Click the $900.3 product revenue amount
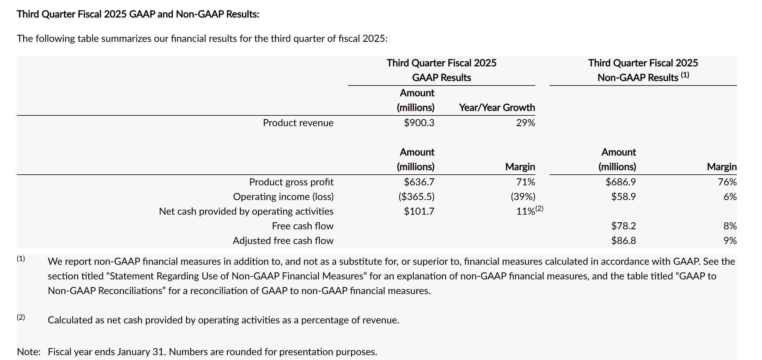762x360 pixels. pos(419,123)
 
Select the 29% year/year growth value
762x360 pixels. pos(525,123)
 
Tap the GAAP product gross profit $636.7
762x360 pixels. pos(419,182)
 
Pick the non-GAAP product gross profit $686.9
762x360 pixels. pos(621,182)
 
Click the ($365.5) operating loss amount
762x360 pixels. pos(417,197)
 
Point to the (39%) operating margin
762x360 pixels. pos(523,197)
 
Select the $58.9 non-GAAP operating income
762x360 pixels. pos(623,197)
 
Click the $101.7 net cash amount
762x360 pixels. pos(419,211)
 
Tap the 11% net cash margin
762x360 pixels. pos(525,211)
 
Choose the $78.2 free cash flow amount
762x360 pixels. pos(623,226)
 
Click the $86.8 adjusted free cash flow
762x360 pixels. pos(623,241)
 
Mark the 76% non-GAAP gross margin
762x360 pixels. pos(727,182)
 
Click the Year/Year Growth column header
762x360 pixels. pos(497,107)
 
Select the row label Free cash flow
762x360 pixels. pos(303,226)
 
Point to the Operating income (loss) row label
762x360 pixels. pos(283,197)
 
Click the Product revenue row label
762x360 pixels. pos(298,123)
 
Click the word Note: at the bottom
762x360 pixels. pos(29,352)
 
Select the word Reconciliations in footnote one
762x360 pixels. pos(130,291)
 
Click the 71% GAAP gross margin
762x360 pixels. pos(525,182)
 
